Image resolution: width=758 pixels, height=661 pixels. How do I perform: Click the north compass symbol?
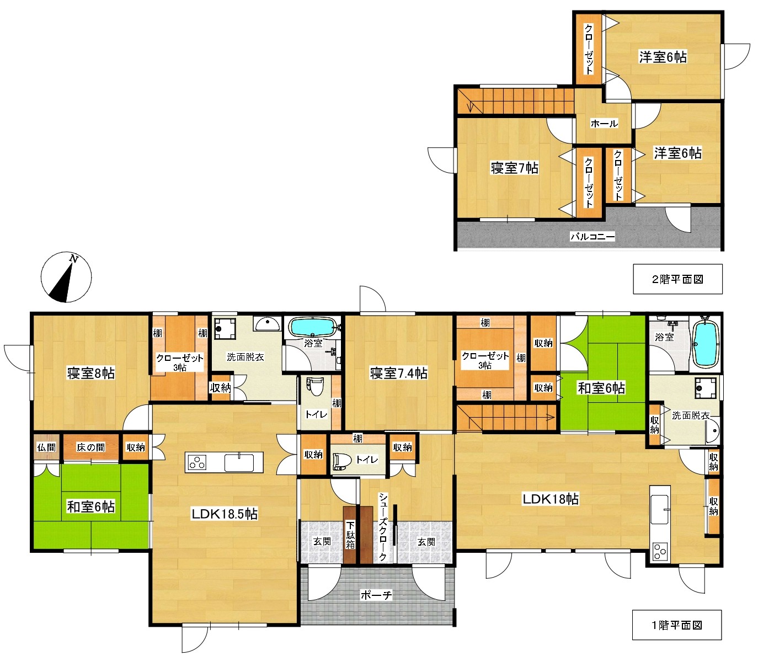click(66, 277)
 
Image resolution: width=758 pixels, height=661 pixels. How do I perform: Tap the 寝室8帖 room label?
click(91, 373)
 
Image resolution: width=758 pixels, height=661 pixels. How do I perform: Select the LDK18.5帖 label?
click(225, 514)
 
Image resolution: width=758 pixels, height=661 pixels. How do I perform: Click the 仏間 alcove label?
click(46, 447)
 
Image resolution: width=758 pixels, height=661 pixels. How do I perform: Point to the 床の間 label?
click(91, 447)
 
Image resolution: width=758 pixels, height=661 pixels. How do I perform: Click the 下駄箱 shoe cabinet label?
click(350, 535)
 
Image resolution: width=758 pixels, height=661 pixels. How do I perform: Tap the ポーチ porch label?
click(376, 595)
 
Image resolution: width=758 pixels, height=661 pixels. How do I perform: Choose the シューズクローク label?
click(383, 526)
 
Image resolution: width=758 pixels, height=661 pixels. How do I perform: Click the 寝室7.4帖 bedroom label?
click(399, 373)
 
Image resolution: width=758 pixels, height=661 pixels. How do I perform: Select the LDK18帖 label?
click(551, 499)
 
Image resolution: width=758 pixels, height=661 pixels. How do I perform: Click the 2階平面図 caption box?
click(677, 279)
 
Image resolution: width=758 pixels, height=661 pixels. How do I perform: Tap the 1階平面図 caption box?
click(677, 625)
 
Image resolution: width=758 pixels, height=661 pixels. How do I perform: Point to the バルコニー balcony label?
click(592, 236)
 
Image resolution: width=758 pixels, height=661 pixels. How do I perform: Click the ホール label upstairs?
click(604, 124)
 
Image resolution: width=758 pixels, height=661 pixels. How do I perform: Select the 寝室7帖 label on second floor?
click(515, 168)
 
